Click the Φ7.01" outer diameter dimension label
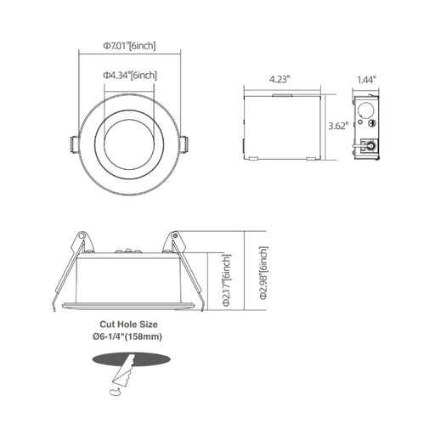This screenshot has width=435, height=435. click(129, 46)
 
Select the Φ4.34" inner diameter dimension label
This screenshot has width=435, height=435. click(130, 76)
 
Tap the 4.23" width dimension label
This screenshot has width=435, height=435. click(280, 79)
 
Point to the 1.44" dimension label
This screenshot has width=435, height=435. click(367, 80)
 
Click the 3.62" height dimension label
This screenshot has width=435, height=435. click(337, 126)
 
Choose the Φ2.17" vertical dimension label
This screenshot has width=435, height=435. click(227, 280)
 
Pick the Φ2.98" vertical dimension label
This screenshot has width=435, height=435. click(263, 273)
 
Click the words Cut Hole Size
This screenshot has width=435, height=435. click(128, 325)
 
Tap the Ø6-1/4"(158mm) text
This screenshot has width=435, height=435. click(127, 336)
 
